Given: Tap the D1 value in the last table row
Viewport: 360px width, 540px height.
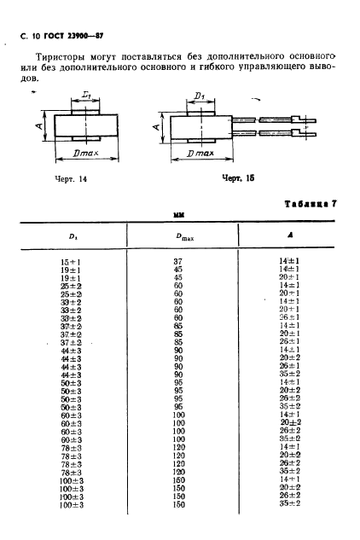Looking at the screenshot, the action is click(x=71, y=505).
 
